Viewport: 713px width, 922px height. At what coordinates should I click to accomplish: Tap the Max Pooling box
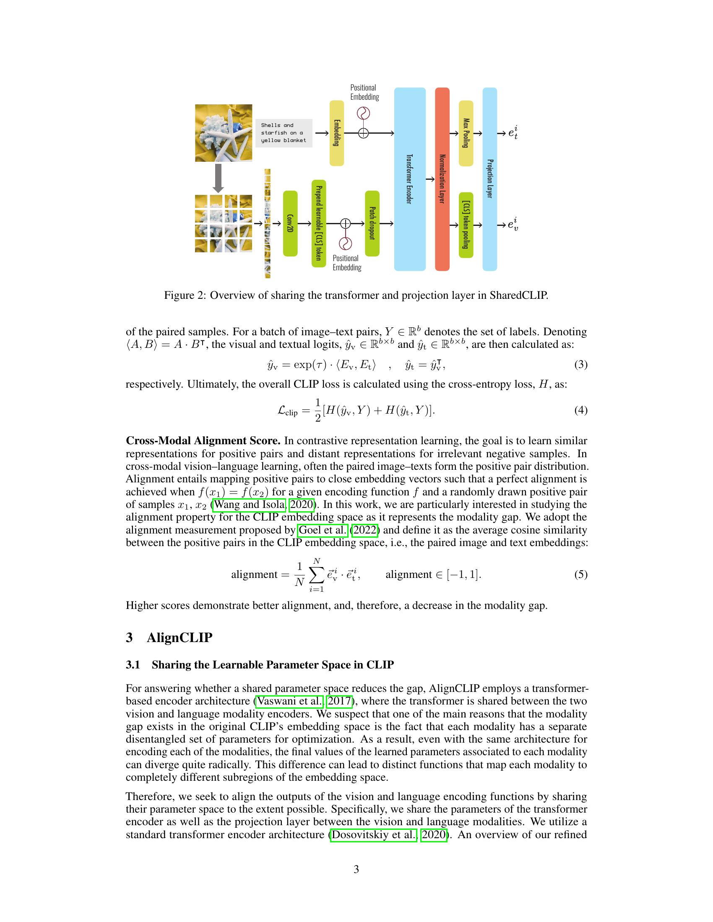pyautogui.click(x=466, y=133)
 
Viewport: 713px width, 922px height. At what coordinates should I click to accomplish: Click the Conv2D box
pyautogui.click(x=290, y=223)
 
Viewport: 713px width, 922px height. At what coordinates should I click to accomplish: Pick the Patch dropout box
pyautogui.click(x=372, y=223)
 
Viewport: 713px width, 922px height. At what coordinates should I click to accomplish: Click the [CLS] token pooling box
pyautogui.click(x=466, y=225)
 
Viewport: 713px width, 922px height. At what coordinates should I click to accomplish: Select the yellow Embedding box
pyautogui.click(x=337, y=133)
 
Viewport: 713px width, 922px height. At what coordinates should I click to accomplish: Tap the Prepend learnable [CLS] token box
pyautogui.click(x=319, y=223)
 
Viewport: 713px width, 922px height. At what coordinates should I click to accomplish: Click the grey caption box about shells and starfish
pyautogui.click(x=284, y=133)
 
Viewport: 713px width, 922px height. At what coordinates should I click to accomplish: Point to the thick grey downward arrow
pyautogui.click(x=218, y=178)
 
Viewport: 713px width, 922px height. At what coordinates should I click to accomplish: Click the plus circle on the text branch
pyautogui.click(x=363, y=133)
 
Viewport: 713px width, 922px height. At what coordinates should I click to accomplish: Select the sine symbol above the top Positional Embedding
pyautogui.click(x=363, y=113)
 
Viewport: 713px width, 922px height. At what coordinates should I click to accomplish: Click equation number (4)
pyautogui.click(x=580, y=410)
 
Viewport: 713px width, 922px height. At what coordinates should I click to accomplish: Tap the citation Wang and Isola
pyautogui.click(x=249, y=505)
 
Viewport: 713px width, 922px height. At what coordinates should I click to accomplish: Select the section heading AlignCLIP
pyautogui.click(x=179, y=637)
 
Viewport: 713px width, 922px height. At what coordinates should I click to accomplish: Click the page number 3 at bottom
pyautogui.click(x=356, y=869)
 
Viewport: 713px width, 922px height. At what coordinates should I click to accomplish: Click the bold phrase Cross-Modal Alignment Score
pyautogui.click(x=203, y=441)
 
